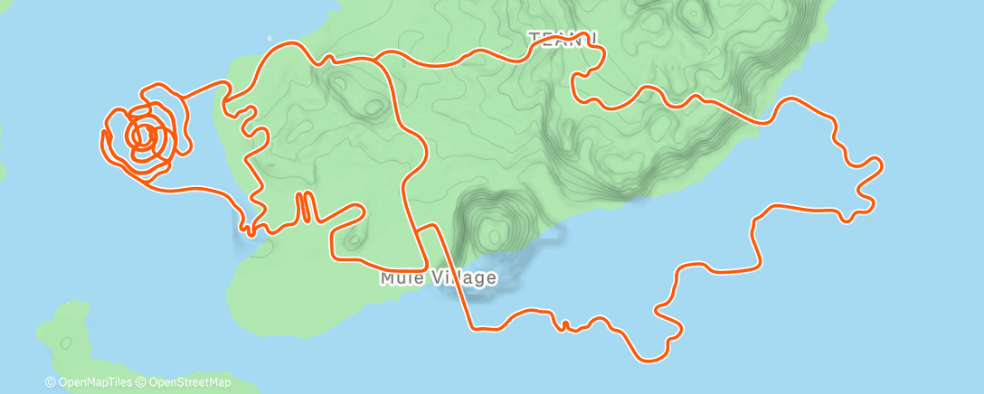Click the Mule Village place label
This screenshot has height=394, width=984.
pos(438,277)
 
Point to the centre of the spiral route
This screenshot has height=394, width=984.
pos(142,136)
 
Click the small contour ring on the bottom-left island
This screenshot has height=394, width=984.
pos(67,342)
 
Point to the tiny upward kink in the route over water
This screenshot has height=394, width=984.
pos(565,324)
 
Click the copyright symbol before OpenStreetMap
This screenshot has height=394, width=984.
pos(142,383)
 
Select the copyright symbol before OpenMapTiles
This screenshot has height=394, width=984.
pos(50,383)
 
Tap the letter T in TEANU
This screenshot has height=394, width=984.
pos(534,38)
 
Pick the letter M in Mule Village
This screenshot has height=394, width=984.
pos(387,277)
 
